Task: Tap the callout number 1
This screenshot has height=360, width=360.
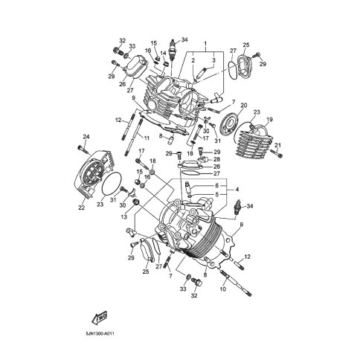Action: (205, 44)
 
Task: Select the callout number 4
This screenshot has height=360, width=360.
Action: (237, 190)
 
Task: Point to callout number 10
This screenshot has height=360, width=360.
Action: (223, 289)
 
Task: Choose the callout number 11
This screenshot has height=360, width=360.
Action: (147, 138)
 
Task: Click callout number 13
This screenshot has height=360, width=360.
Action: (124, 216)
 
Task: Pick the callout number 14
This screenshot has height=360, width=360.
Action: (163, 53)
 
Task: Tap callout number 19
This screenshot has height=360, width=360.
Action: (269, 120)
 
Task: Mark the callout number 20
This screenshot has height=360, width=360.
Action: (244, 106)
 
